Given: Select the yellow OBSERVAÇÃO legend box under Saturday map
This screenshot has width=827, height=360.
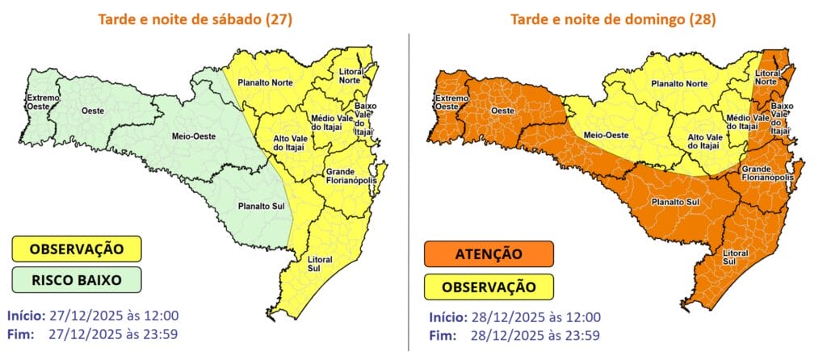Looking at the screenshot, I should (77, 249).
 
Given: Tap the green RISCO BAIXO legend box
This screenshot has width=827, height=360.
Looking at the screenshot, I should (77, 280).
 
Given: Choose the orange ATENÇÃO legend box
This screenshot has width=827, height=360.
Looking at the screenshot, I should (488, 254).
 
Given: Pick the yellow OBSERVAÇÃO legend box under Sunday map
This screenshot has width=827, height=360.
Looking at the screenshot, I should (488, 286).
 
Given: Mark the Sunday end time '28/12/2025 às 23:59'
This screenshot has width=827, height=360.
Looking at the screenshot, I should (536, 333).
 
